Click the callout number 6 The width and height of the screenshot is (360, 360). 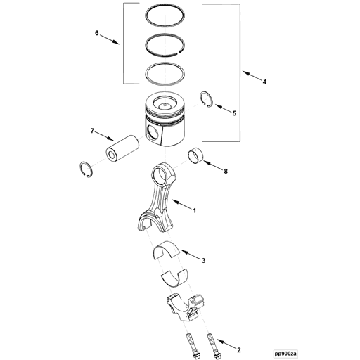point(97,33)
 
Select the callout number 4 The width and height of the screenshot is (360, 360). point(264,82)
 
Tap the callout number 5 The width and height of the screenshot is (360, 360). point(235,112)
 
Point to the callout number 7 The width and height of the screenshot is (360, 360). point(91,130)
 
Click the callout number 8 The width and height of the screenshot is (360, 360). point(225,171)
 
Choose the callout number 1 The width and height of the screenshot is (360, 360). point(194,210)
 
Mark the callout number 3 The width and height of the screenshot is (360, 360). point(203,261)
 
